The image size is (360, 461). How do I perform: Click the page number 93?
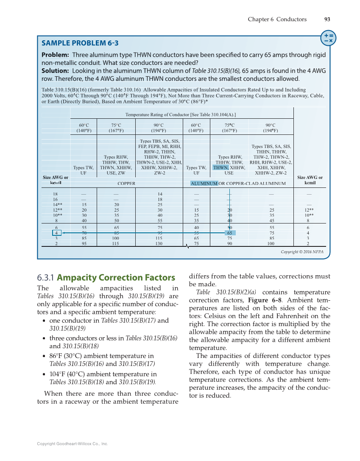coord(327,19)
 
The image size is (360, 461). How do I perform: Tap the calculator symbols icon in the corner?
coord(328,38)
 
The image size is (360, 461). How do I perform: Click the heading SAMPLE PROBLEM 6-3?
coord(80,43)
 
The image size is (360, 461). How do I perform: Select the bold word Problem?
coord(55,55)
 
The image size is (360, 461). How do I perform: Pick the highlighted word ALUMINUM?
coord(204,183)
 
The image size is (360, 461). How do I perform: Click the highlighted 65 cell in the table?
coord(229,233)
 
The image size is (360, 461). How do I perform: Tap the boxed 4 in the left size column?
coord(56,233)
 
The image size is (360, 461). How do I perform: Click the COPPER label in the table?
coord(126,184)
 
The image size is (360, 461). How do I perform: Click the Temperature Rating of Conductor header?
coord(181,115)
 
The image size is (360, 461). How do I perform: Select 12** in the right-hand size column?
coord(308,210)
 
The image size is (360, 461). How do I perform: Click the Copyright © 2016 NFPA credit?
coord(302,252)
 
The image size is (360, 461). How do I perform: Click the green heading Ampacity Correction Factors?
coord(116,278)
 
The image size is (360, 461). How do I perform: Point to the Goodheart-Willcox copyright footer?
coord(73,444)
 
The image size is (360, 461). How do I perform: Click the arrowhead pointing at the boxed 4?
coord(63,233)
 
